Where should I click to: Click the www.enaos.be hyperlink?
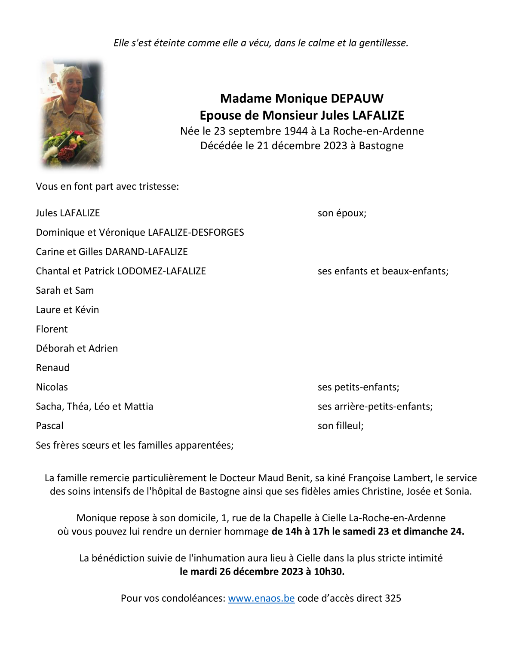click(x=261, y=598)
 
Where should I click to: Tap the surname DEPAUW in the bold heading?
click(x=357, y=98)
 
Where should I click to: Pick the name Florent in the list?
click(x=52, y=329)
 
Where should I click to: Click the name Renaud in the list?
click(x=53, y=368)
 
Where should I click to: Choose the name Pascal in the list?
click(x=50, y=426)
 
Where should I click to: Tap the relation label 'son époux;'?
click(x=342, y=213)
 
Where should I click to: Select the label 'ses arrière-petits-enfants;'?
click(x=375, y=407)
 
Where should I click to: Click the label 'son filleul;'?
click(x=341, y=426)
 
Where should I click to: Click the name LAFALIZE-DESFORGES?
click(x=196, y=233)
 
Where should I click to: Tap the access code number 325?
click(x=393, y=598)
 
